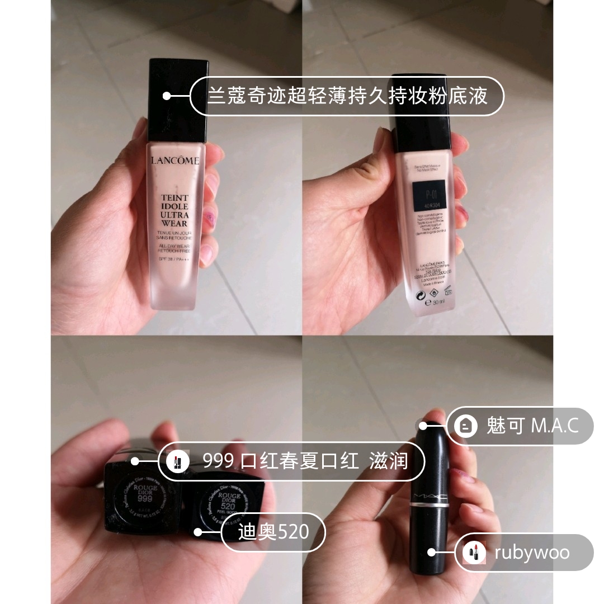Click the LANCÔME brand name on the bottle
[x=175, y=161]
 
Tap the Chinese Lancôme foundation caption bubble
[x=347, y=96]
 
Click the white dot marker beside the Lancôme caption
[x=166, y=96]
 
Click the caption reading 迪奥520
[x=273, y=531]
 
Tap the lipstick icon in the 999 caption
[x=178, y=461]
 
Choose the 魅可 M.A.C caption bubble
[x=520, y=426]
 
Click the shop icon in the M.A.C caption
[x=466, y=426]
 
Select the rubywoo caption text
[x=531, y=553]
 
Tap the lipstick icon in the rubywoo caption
[x=474, y=553]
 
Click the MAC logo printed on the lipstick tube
[x=428, y=496]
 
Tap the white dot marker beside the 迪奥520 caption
[x=197, y=531]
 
